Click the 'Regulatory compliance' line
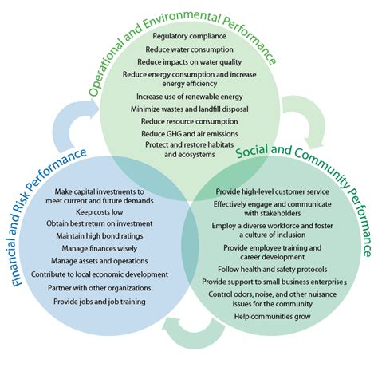(x=189, y=36)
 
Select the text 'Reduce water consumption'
(x=189, y=49)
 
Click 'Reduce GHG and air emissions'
(x=189, y=133)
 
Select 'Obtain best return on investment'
(x=100, y=225)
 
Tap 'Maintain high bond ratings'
(x=100, y=236)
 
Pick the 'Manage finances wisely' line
(x=100, y=248)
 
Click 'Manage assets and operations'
(x=100, y=260)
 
